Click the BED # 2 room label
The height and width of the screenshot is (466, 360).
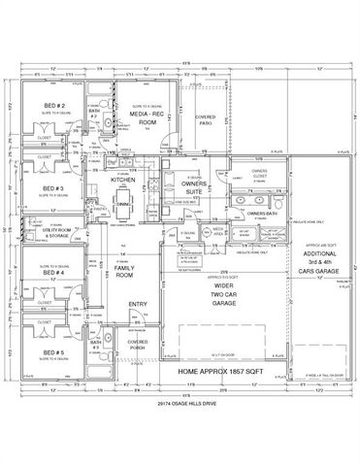tap(54, 105)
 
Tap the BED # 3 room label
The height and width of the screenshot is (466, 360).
tap(53, 188)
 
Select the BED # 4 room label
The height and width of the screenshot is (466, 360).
tap(54, 275)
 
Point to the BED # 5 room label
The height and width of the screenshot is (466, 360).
tap(54, 353)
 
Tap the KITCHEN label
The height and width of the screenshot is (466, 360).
tap(122, 181)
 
